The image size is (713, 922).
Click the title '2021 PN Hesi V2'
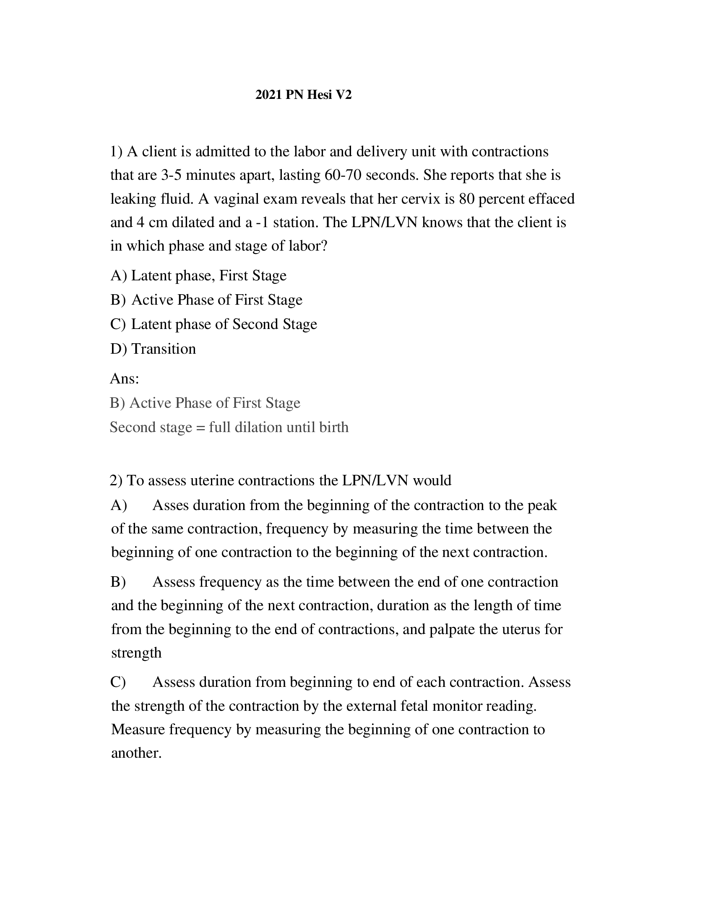(303, 95)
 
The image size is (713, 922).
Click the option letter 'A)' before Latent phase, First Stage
(118, 275)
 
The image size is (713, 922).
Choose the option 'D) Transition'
(153, 349)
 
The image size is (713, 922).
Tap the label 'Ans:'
(124, 378)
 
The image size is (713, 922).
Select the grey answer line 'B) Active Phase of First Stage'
(205, 403)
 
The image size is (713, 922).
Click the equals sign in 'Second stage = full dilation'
(200, 427)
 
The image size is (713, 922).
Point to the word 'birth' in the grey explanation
(334, 427)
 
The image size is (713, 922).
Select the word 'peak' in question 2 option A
(542, 505)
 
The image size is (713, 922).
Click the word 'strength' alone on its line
(136, 653)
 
